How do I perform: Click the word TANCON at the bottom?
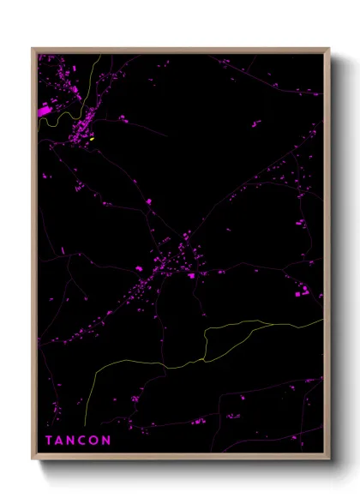coord(78,441)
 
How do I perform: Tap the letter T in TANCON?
coord(49,441)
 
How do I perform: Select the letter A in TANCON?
coord(60,441)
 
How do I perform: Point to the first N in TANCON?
coord(71,441)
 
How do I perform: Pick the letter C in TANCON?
coord(83,441)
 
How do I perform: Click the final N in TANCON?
coord(106,441)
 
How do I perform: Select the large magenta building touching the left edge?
coord(45,111)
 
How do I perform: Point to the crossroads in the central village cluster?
coord(183,234)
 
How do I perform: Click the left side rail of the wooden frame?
coord(34,257)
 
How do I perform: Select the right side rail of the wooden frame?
coord(327,257)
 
